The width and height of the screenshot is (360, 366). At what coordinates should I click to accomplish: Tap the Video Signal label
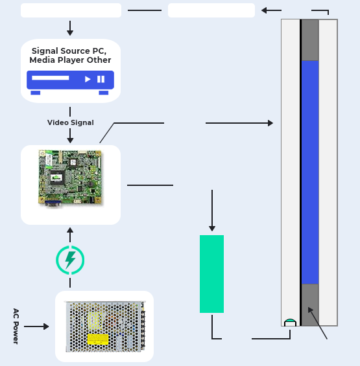click(x=70, y=122)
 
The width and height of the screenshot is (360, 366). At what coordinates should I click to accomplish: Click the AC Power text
click(x=16, y=326)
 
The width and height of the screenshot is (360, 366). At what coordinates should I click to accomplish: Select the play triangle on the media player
click(x=88, y=79)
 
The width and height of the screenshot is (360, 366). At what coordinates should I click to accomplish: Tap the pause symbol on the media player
click(x=101, y=79)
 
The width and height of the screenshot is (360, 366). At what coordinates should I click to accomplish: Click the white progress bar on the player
click(x=50, y=78)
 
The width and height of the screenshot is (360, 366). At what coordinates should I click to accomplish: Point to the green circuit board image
click(x=70, y=179)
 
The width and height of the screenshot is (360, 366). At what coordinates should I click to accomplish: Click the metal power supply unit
click(x=105, y=326)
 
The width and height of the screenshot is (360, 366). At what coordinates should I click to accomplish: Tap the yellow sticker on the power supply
click(x=98, y=339)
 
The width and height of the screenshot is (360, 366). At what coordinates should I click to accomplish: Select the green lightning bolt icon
click(x=70, y=260)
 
